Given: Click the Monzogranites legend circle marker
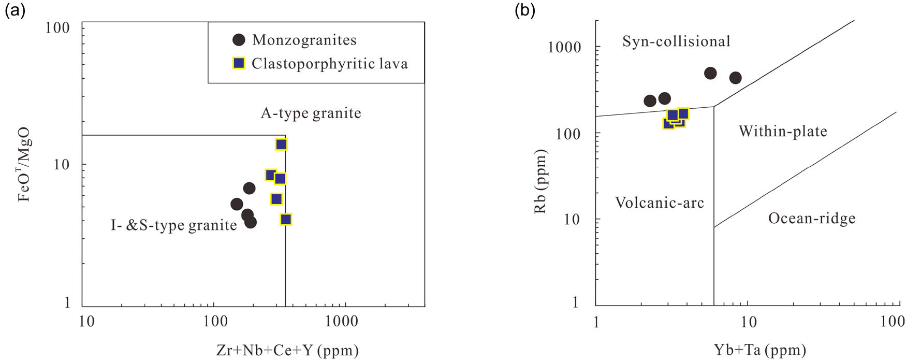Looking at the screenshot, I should click(238, 40).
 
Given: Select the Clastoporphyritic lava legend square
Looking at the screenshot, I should click(238, 63).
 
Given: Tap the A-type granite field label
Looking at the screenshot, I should click(311, 113).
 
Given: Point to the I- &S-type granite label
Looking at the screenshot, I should click(173, 225).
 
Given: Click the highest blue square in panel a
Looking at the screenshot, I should click(281, 145).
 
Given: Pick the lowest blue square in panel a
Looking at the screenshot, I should click(286, 219).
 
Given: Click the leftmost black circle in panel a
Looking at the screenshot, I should click(237, 204).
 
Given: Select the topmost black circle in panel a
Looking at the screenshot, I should click(249, 188).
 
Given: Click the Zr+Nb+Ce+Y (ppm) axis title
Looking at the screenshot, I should click(287, 351).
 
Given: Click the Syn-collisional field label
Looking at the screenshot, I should click(676, 41).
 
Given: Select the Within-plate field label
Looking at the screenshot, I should click(783, 131).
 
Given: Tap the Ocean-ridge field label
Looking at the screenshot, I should click(811, 218).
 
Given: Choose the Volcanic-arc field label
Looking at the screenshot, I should click(660, 203).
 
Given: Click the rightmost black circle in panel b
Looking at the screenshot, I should click(735, 78).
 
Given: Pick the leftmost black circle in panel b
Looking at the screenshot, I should click(650, 101).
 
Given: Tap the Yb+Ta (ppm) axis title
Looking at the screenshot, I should click(759, 351).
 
